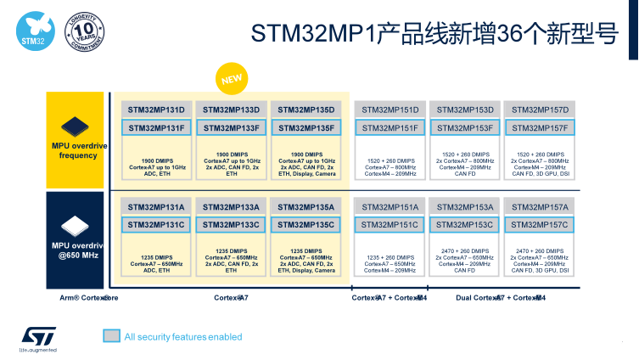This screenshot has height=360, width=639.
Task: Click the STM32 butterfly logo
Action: click(31, 28)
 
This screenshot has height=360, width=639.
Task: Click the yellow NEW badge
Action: click(233, 80)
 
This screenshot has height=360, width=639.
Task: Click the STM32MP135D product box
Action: click(306, 110)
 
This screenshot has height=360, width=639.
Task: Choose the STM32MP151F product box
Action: click(390, 127)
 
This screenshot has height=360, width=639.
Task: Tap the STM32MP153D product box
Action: click(464, 110)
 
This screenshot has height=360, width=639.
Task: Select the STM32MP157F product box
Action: click(539, 127)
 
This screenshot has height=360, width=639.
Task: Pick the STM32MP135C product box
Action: click(306, 224)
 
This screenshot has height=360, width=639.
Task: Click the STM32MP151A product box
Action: click(390, 206)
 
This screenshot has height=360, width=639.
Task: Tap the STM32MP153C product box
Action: click(464, 224)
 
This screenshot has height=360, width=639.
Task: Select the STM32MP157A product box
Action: click(539, 206)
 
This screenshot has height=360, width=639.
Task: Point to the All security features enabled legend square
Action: click(111, 336)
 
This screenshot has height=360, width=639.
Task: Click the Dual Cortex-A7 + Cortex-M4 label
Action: click(501, 298)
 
